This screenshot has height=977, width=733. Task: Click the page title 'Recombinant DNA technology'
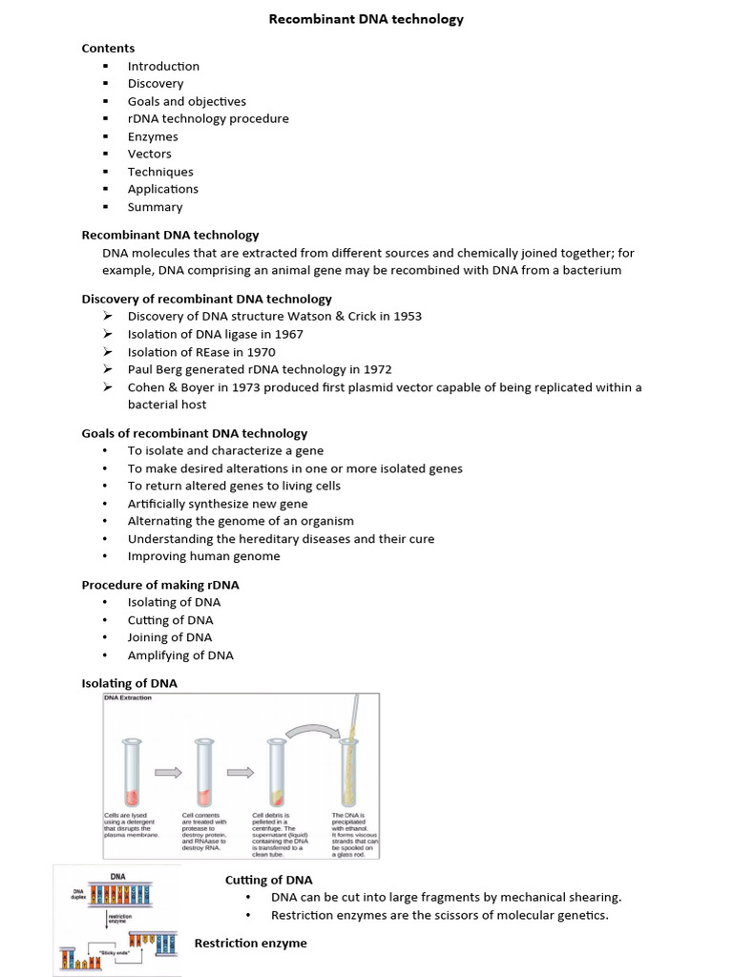[366, 19]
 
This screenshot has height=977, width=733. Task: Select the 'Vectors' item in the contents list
[150, 154]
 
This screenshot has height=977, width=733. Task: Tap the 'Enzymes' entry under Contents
[153, 136]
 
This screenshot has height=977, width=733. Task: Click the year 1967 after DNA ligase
[287, 334]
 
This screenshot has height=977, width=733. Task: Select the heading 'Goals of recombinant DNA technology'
[195, 433]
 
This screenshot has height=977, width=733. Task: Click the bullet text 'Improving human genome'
[203, 556]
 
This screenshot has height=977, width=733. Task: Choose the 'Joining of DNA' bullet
[170, 637]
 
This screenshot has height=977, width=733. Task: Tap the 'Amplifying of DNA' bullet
[180, 655]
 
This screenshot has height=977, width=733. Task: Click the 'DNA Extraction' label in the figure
[128, 697]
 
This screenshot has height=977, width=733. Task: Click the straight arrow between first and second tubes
[167, 773]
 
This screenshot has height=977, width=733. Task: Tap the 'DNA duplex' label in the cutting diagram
[79, 894]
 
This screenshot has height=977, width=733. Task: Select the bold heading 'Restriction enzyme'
[250, 943]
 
